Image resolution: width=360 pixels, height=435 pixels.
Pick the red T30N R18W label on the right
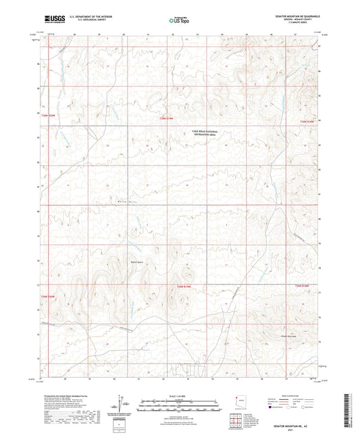tap(307, 120)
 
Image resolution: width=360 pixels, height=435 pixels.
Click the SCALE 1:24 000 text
tap(179, 394)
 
